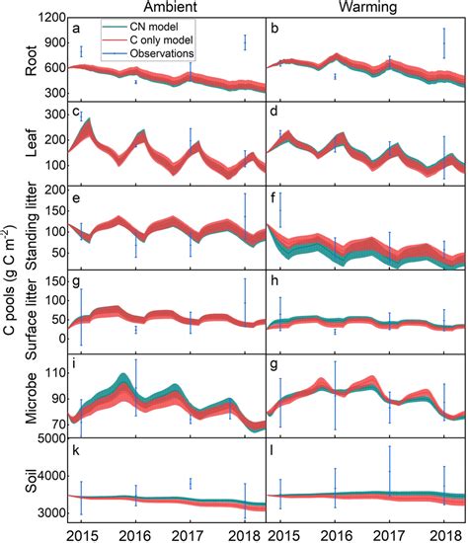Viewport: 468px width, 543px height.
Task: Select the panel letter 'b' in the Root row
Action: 275,30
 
